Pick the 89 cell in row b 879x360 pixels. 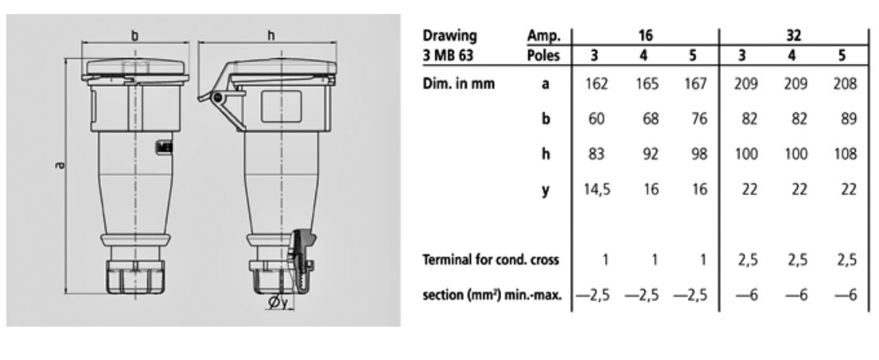pyautogui.click(x=848, y=121)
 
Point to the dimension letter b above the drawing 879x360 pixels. pyautogui.click(x=135, y=35)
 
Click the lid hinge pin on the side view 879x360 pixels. pyautogui.click(x=218, y=98)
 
